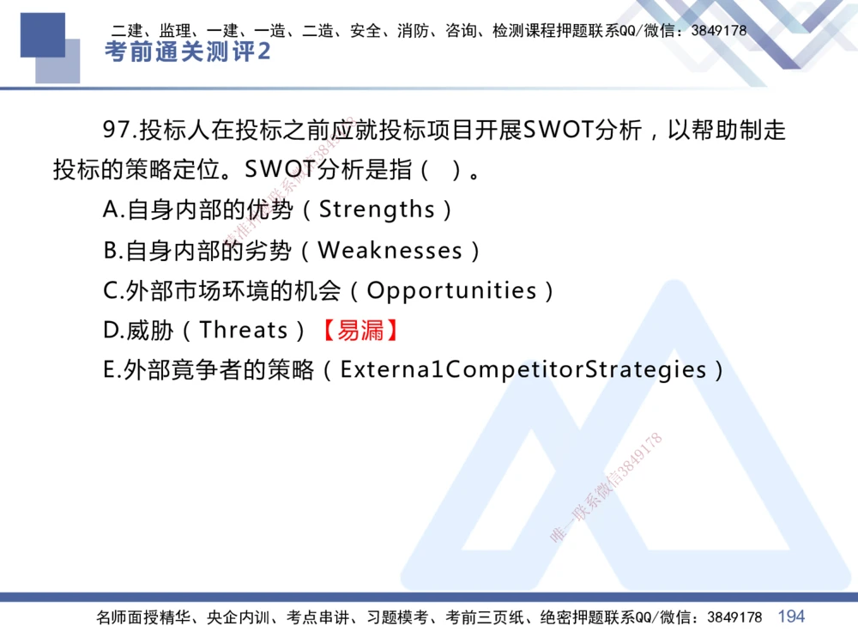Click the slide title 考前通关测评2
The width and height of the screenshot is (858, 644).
click(187, 52)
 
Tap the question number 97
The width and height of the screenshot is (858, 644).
click(118, 131)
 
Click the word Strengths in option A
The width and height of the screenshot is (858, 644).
click(378, 210)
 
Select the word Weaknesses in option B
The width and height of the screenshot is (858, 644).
click(390, 251)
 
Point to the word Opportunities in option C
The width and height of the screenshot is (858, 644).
click(452, 291)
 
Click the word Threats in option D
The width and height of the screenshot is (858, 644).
click(244, 331)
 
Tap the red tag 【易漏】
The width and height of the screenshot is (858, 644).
click(360, 331)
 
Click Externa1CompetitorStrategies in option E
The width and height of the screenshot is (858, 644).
click(523, 370)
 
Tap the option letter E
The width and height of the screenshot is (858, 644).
click(110, 370)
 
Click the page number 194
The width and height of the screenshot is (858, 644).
click(791, 617)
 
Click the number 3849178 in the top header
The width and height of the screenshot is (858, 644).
click(718, 31)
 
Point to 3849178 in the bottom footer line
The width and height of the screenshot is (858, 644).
click(733, 617)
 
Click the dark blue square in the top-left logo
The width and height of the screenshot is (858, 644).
click(42, 34)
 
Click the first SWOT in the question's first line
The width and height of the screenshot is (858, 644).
click(559, 131)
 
